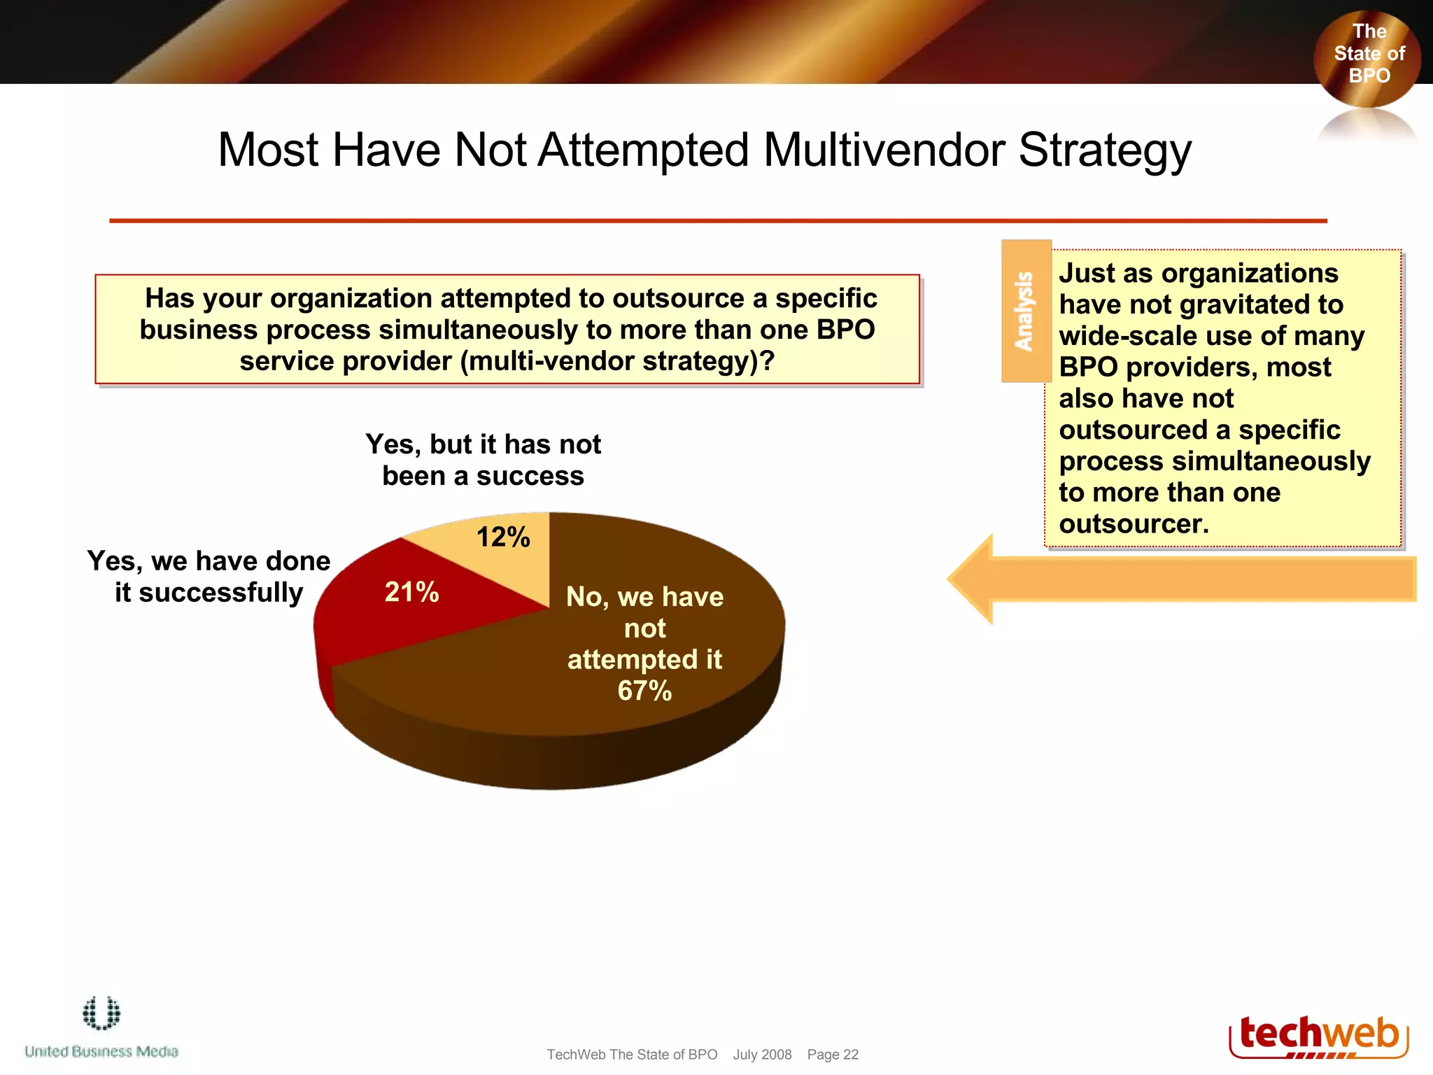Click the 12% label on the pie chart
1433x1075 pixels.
pos(503,537)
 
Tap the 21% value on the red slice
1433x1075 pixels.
pos(411,592)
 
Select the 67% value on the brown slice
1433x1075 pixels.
pos(644,691)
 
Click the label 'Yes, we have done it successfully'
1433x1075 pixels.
pos(209,577)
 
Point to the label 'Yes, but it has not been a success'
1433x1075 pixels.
pos(483,460)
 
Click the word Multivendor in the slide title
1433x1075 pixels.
pos(884,150)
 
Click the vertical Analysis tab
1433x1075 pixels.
pos(1026,311)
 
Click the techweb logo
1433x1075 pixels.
pos(1318,1037)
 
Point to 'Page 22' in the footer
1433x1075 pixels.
pos(832,1055)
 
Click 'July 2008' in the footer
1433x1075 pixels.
pos(762,1055)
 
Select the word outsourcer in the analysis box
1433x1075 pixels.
pos(1134,524)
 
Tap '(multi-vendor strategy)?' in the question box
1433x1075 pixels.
pos(617,361)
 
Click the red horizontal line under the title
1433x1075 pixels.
pos(717,220)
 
